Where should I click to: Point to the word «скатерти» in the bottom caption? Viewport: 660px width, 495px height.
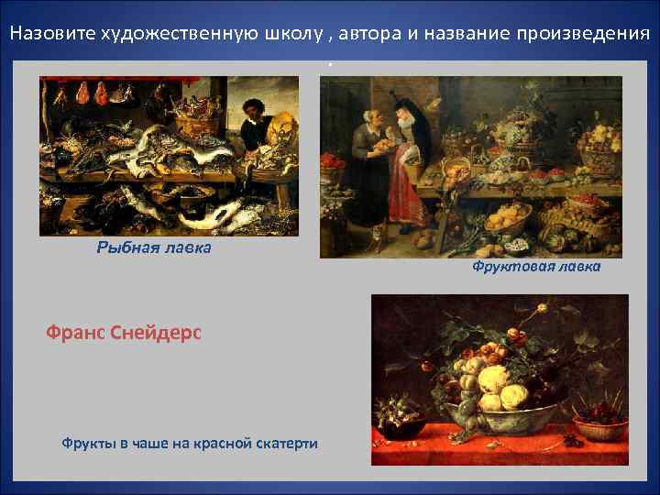click(x=284, y=444)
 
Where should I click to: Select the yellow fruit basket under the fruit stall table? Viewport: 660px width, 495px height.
click(x=507, y=218)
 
